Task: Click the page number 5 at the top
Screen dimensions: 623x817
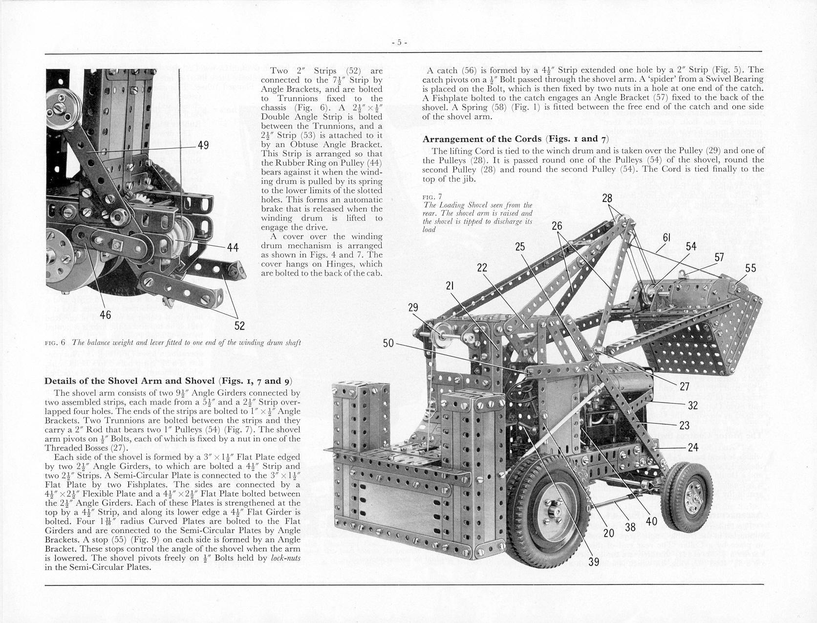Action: point(399,43)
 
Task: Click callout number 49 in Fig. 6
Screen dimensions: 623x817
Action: point(203,146)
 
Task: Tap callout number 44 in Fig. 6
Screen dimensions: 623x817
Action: point(233,248)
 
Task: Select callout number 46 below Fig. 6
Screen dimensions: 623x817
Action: point(106,315)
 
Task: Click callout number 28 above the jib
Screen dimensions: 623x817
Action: point(607,198)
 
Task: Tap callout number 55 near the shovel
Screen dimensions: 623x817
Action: point(751,268)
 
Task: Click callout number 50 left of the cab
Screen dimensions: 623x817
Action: point(388,344)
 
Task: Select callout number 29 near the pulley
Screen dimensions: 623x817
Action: point(413,307)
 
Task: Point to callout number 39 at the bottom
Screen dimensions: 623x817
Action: point(594,562)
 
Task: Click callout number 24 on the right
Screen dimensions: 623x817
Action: point(693,447)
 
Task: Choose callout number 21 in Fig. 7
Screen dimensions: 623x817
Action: point(451,286)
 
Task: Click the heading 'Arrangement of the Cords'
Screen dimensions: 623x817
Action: point(482,139)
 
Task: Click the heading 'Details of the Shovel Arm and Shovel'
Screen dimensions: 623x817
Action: point(131,381)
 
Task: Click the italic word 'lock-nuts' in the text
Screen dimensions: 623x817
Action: point(286,558)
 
